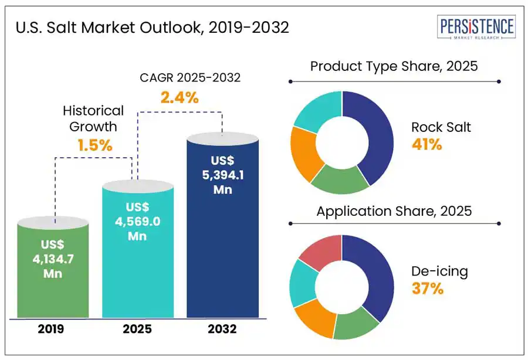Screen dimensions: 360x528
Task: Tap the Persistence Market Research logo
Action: (476, 28)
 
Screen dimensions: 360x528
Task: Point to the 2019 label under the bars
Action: (51, 330)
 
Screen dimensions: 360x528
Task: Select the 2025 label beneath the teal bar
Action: (137, 330)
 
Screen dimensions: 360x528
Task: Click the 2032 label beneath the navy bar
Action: (222, 330)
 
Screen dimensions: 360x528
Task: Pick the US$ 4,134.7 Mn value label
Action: (53, 258)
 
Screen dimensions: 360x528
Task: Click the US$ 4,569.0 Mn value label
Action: (137, 222)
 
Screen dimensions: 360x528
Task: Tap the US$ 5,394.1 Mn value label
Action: (222, 175)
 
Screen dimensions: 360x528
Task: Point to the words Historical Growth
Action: (93, 118)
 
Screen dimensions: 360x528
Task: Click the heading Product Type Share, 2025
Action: (394, 66)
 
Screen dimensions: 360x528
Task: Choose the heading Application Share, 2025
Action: (394, 210)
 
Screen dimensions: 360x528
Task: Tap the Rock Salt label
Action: (441, 127)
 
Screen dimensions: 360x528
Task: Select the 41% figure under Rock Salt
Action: (427, 145)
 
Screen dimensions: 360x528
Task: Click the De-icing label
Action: (439, 271)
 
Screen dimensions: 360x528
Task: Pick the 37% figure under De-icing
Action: (427, 289)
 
